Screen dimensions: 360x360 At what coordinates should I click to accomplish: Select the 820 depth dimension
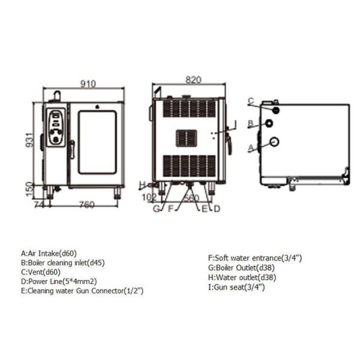tap(193, 80)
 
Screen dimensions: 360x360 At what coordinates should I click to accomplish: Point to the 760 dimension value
tap(87, 205)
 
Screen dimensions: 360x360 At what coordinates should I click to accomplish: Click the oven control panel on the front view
tap(56, 127)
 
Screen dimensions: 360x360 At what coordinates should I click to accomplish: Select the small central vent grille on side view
tap(187, 138)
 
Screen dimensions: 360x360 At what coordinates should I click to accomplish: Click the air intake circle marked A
tap(274, 142)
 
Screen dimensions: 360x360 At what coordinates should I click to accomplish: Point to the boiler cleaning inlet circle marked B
tap(269, 123)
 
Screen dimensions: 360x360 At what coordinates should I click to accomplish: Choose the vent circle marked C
tap(276, 110)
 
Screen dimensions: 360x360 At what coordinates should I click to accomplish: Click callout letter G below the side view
tap(156, 209)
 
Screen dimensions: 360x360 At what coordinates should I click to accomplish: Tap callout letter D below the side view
tap(217, 209)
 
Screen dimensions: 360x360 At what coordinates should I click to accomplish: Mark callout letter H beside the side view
tap(142, 184)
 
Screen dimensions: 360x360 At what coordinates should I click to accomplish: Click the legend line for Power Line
tap(59, 281)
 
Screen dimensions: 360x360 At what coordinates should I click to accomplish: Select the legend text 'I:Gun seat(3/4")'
tap(236, 287)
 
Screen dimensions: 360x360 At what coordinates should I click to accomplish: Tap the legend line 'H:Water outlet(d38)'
tap(242, 277)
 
